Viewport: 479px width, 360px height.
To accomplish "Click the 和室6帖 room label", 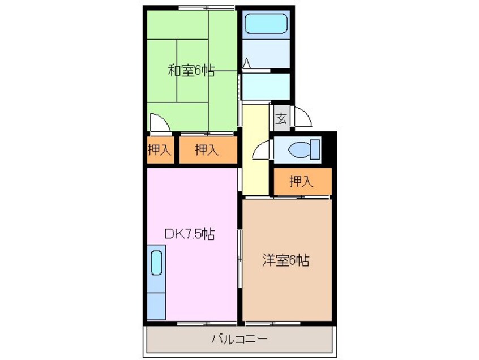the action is pos(191,71).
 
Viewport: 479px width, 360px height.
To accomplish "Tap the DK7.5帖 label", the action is pos(190,234).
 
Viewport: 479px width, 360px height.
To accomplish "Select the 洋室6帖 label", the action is pos(285,260).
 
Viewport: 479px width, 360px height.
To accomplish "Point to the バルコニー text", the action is pos(240,339).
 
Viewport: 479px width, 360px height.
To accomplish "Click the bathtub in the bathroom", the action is pos(266,24).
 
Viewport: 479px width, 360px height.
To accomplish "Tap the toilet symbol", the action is pos(304,149).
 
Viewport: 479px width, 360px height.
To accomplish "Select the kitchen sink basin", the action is pos(156,263).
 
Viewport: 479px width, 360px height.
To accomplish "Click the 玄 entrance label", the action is pos(281,118).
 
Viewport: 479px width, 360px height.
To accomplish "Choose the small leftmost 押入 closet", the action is pos(160,150).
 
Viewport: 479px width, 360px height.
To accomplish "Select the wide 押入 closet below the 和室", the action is pos(208,150).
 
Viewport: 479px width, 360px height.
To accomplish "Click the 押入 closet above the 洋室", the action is pos(302,181).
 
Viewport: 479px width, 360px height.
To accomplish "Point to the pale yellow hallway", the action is pos(255,149).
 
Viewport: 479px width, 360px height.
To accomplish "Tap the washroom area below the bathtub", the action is pos(266,54).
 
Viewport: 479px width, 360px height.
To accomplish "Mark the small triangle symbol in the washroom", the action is pos(247,63).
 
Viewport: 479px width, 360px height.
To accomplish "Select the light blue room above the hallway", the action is pos(266,87).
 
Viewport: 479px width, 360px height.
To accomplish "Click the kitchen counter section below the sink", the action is pos(156,306).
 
